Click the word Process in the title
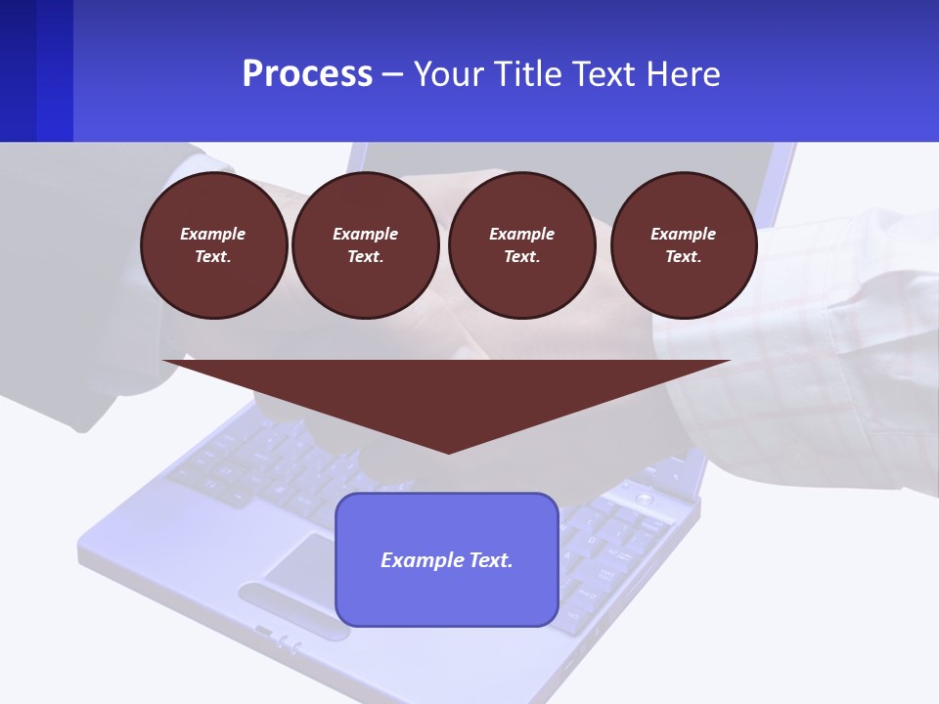(x=307, y=74)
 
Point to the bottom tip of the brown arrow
(x=448, y=452)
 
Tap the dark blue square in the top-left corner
(x=36, y=70)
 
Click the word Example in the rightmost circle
(x=683, y=234)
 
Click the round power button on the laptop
(x=644, y=499)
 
